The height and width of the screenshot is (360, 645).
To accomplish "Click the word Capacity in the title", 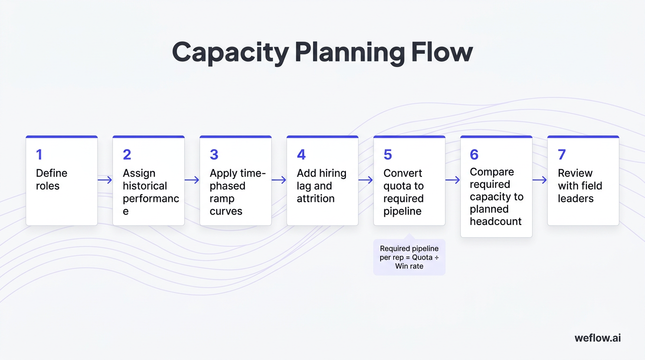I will (230, 52).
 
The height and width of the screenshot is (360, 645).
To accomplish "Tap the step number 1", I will (39, 155).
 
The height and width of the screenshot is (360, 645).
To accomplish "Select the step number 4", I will (301, 155).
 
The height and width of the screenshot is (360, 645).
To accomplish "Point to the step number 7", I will (562, 155).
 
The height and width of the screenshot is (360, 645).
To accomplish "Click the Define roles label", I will (52, 180).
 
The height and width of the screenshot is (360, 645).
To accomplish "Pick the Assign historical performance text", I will (150, 192).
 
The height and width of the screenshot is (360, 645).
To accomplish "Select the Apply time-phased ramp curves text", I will (237, 192).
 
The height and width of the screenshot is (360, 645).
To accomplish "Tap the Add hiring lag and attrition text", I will (321, 186).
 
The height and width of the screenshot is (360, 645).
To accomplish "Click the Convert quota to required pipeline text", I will (403, 192).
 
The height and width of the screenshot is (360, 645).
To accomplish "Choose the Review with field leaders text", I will (579, 186).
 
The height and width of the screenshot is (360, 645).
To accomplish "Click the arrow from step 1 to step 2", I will (105, 180).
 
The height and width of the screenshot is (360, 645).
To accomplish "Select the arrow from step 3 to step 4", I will (279, 180).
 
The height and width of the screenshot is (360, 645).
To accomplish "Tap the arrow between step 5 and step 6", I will (453, 180).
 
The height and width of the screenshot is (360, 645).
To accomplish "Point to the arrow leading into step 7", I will (540, 180).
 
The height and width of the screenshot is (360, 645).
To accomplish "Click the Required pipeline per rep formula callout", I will (409, 257).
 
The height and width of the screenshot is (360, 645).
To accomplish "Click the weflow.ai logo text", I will (598, 337).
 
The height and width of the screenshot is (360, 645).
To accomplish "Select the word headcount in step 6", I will (495, 221).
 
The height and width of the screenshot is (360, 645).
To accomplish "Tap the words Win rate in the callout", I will (409, 266).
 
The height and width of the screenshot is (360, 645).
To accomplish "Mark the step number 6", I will (474, 155).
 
